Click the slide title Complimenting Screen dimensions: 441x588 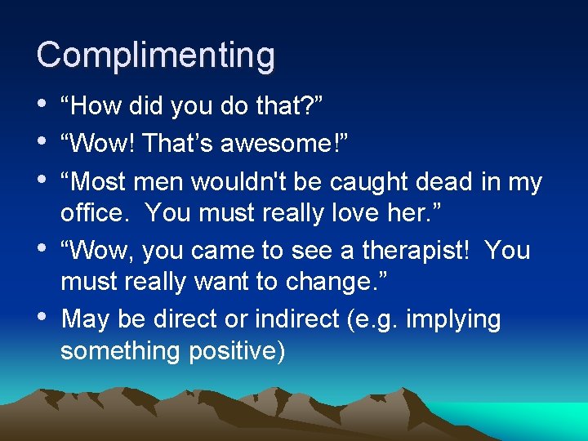tap(156, 56)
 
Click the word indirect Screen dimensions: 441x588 tap(299, 318)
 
